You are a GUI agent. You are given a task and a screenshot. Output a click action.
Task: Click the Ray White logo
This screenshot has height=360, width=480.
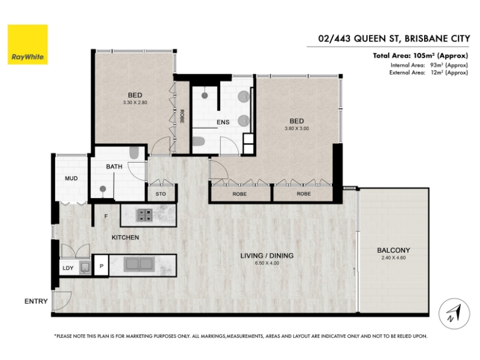point(28,44)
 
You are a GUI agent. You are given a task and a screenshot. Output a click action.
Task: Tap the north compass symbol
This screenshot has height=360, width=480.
point(454,313)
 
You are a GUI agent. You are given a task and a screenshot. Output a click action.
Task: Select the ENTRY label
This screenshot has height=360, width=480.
point(36,301)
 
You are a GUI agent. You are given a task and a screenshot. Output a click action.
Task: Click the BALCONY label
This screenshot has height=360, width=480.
point(394,250)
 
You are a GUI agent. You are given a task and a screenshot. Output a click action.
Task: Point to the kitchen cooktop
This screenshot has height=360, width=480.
point(144,215)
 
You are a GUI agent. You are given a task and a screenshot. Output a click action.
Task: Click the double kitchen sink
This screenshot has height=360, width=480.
point(138,265)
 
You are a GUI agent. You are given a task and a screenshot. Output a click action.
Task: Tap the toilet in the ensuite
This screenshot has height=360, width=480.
point(198,142)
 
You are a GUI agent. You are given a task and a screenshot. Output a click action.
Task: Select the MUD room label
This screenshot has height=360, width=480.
point(71,178)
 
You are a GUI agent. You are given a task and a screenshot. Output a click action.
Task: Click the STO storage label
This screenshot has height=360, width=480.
point(161,194)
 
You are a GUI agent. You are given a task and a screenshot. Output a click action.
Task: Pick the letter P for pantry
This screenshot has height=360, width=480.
point(101,266)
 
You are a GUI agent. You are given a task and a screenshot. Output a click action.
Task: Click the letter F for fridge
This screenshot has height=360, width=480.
point(106,216)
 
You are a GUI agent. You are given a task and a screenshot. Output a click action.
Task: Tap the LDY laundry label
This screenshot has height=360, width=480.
point(68,268)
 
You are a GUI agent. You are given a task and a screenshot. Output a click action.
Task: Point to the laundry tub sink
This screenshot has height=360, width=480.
point(85,268)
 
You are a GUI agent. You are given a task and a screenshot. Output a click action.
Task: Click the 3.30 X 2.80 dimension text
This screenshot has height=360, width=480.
point(135,103)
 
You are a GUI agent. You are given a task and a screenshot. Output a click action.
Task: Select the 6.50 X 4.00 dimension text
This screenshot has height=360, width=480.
point(266,263)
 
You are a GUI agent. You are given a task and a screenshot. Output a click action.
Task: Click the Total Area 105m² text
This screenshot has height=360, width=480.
point(421,56)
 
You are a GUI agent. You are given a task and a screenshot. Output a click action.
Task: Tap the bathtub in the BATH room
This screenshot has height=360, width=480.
point(134,153)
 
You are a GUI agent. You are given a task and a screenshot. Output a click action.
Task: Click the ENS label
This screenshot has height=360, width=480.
point(223,122)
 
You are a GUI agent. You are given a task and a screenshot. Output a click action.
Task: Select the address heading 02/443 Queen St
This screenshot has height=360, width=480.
point(394,38)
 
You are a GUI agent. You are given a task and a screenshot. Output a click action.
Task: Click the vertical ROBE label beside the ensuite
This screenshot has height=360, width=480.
point(182,116)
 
